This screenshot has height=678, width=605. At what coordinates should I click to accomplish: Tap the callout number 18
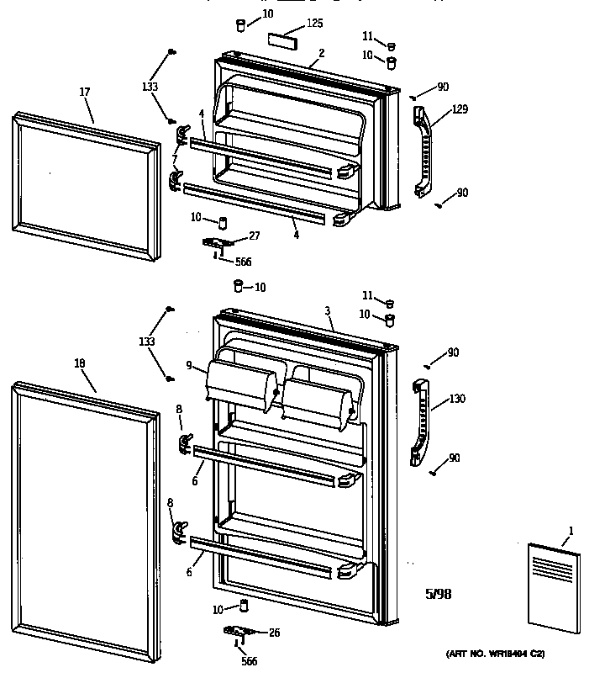click(80, 363)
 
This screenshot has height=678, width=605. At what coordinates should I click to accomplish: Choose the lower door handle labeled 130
click(421, 421)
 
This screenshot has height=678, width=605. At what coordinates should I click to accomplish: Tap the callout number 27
click(255, 236)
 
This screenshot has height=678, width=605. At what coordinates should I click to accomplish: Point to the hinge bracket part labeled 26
click(238, 632)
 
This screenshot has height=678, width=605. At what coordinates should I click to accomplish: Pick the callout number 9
click(189, 365)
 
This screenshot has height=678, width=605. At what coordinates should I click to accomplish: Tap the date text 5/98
click(438, 594)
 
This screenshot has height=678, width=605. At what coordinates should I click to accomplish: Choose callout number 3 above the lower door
click(327, 311)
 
